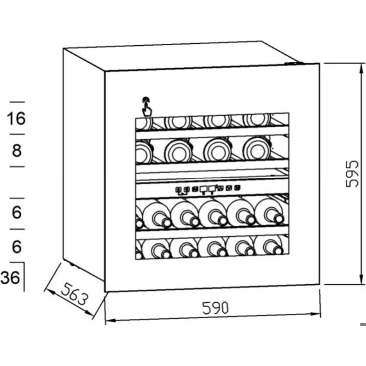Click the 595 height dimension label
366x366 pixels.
click(352, 173)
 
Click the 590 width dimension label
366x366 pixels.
click(215, 308)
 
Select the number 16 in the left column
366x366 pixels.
click(16, 118)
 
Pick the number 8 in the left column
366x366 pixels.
click(16, 150)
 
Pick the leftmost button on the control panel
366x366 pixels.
click(179, 189)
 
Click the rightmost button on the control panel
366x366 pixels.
click(237, 187)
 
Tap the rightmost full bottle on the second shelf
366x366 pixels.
click(257, 149)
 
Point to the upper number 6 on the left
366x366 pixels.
click(16, 212)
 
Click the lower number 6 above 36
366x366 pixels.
click(16, 247)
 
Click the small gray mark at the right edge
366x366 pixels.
click(363, 324)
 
